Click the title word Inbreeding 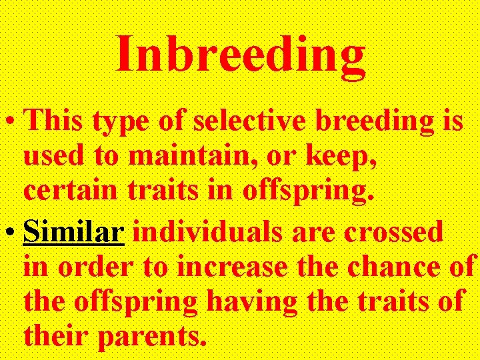pos(241,55)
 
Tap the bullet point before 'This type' pos(11,123)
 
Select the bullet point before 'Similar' pos(11,234)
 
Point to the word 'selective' pos(229,121)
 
